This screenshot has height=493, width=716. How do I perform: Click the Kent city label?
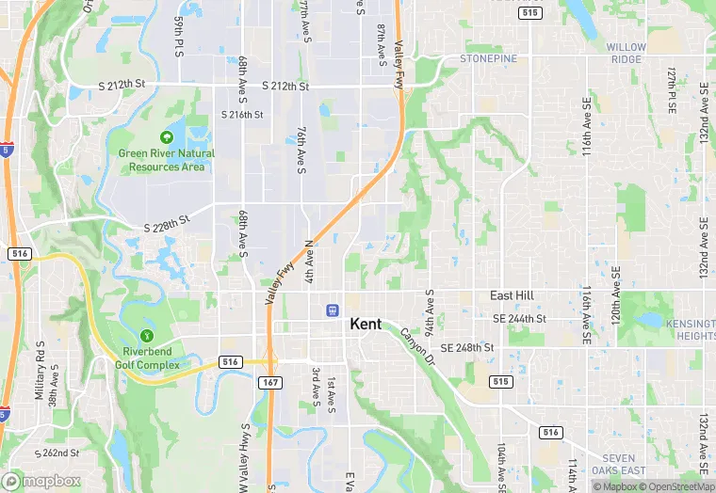pyautogui.click(x=366, y=324)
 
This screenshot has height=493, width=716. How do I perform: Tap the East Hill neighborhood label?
pyautogui.click(x=513, y=295)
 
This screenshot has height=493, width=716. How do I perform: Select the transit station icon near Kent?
pyautogui.click(x=333, y=310)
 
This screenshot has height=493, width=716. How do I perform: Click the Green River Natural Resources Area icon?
pyautogui.click(x=167, y=136)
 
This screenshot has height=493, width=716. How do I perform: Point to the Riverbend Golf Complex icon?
pyautogui.click(x=146, y=336)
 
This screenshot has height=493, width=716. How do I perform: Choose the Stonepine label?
pyautogui.click(x=489, y=58)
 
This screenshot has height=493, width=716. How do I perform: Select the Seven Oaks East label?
pyautogui.click(x=619, y=464)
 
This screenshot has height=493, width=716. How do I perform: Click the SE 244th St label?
pyautogui.click(x=519, y=319)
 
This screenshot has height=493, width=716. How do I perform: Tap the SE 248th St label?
pyautogui.click(x=467, y=347)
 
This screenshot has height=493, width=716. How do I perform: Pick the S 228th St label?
pyautogui.click(x=167, y=229)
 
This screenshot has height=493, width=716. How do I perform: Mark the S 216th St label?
pyautogui.click(x=242, y=115)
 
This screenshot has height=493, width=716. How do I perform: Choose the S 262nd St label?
pyautogui.click(x=57, y=453)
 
